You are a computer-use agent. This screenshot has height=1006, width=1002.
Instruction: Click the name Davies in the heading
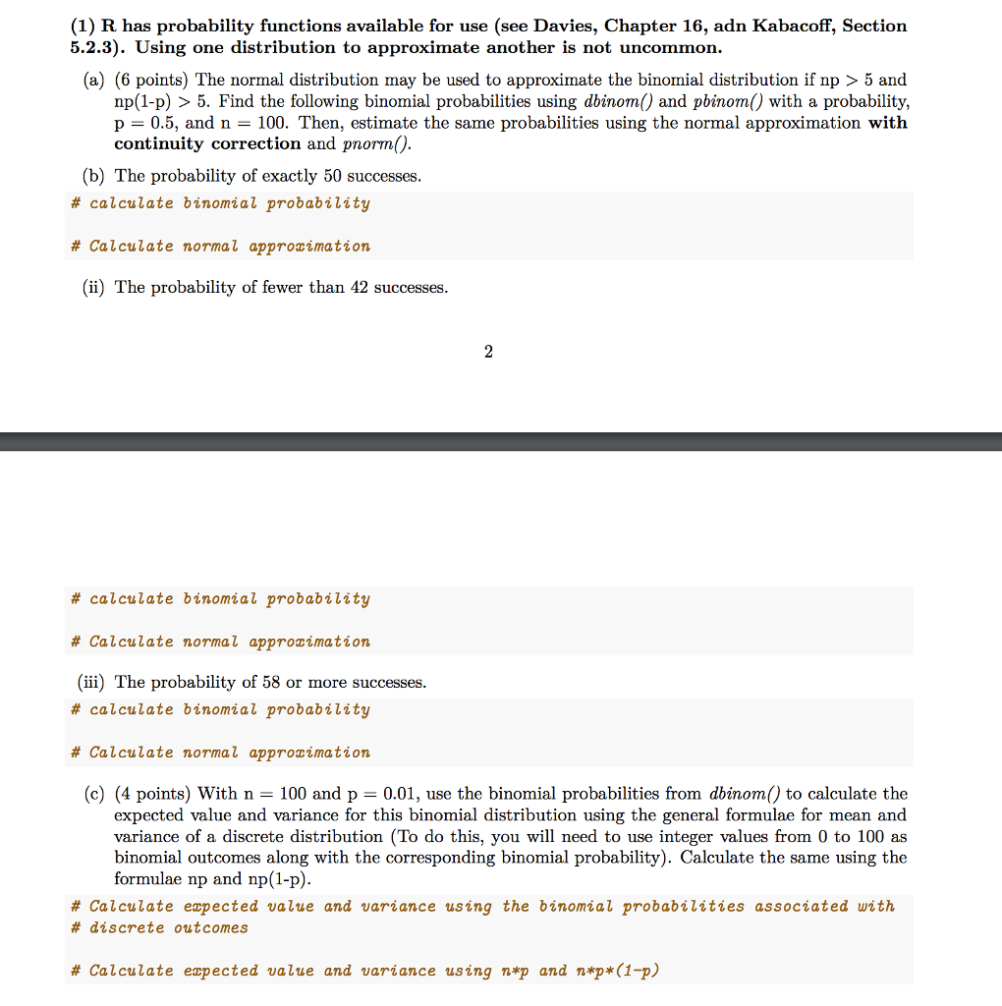[561, 26]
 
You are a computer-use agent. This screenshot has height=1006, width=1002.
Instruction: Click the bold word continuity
[160, 144]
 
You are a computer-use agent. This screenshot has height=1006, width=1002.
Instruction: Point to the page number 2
[488, 352]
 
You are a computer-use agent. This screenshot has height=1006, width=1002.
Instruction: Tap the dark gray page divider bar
[501, 441]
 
